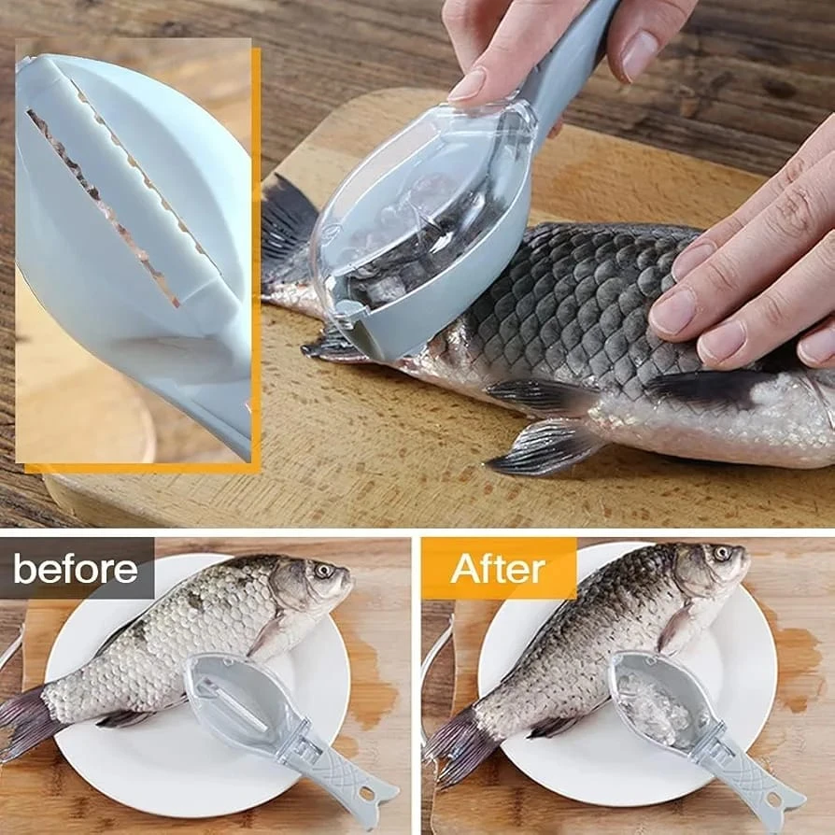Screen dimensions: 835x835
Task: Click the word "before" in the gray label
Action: (75, 569)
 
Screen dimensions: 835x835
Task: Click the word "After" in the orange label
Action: (498, 569)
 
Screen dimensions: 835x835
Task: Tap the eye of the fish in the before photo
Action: (324, 571)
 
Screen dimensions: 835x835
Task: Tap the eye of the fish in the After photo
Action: (723, 553)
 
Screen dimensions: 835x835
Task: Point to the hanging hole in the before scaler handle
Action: (367, 794)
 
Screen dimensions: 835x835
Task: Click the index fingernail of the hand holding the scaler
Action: (468, 85)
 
